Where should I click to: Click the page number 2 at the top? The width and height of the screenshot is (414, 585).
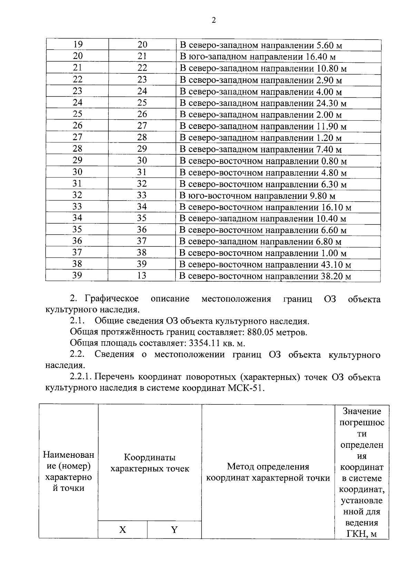(x=213, y=21)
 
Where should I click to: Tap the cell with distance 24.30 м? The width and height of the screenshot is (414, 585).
(x=263, y=103)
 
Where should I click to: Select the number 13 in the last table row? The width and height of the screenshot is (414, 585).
(x=141, y=276)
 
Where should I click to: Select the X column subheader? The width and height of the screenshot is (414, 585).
(x=122, y=530)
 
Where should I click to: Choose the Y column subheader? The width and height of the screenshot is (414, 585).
(x=174, y=530)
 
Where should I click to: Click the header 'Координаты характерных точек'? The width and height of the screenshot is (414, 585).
(x=149, y=463)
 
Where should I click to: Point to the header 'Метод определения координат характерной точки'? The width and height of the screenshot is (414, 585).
(x=268, y=472)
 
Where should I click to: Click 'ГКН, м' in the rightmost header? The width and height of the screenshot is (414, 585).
(x=361, y=534)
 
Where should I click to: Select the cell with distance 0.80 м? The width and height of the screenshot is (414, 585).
(x=263, y=161)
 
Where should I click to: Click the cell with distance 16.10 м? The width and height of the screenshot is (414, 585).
(x=265, y=208)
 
